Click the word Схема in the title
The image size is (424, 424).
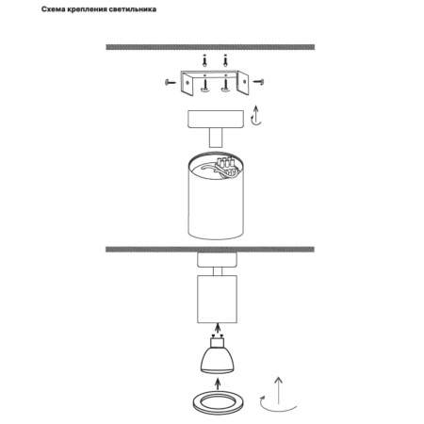pyautogui.click(x=54, y=9)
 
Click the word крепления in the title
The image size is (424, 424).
pyautogui.click(x=88, y=9)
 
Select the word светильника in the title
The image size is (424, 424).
pyautogui.click(x=133, y=9)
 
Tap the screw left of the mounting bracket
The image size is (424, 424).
pyautogui.click(x=171, y=82)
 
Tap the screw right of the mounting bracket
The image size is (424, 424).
pyautogui.click(x=258, y=82)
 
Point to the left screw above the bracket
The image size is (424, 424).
pyautogui.click(x=204, y=60)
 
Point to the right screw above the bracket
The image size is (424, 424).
pyautogui.click(x=225, y=60)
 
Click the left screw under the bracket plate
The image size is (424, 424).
pyautogui.click(x=204, y=86)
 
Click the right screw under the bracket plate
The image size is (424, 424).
pyautogui.click(x=225, y=86)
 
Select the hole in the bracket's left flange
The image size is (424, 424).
pyautogui.click(x=188, y=83)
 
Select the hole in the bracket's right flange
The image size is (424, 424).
pyautogui.click(x=244, y=82)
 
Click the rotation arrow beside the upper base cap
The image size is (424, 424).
pyautogui.click(x=256, y=116)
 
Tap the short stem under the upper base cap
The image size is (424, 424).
pyautogui.click(x=216, y=138)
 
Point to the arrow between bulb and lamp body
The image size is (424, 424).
pyautogui.click(x=217, y=329)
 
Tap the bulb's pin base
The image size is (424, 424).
pyautogui.click(x=217, y=341)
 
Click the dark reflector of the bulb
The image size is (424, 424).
pyautogui.click(x=217, y=360)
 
